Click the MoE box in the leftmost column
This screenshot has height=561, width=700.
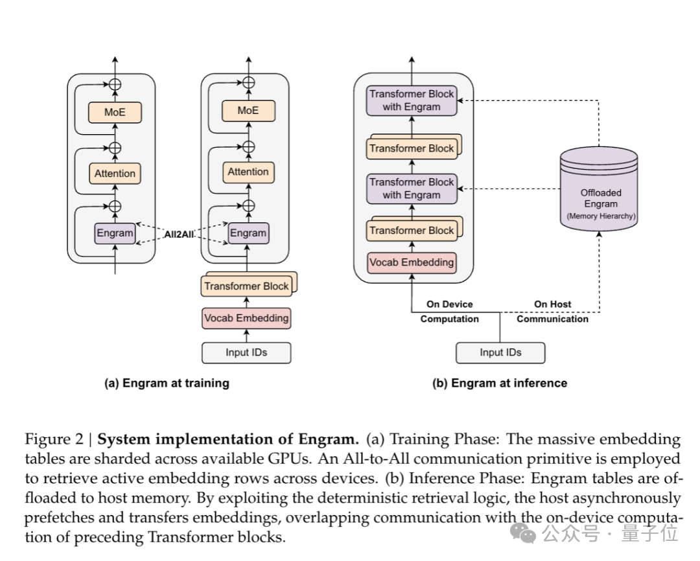[115, 112]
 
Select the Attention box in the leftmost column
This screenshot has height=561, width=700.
[115, 174]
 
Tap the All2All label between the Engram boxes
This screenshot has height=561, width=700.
[179, 235]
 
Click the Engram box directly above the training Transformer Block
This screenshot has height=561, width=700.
[248, 233]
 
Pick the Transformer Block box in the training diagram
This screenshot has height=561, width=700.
[246, 286]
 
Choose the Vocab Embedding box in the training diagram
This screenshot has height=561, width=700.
[246, 318]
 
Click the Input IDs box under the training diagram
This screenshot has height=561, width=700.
[246, 352]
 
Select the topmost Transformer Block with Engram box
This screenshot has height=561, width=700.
[412, 100]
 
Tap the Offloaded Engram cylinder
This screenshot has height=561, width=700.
[599, 189]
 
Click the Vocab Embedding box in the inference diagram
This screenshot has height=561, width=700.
[412, 262]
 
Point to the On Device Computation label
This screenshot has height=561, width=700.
[450, 312]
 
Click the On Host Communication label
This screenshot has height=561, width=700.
[553, 312]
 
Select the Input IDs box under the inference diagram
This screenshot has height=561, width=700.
[500, 352]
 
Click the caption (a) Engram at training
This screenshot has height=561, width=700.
[167, 384]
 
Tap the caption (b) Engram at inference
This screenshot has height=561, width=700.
[500, 384]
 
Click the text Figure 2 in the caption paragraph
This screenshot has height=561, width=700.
[54, 439]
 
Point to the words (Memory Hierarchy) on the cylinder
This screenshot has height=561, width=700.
[601, 216]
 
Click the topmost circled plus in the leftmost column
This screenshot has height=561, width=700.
[115, 84]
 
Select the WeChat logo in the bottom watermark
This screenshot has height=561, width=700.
[523, 533]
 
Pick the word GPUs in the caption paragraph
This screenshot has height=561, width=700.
[290, 459]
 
